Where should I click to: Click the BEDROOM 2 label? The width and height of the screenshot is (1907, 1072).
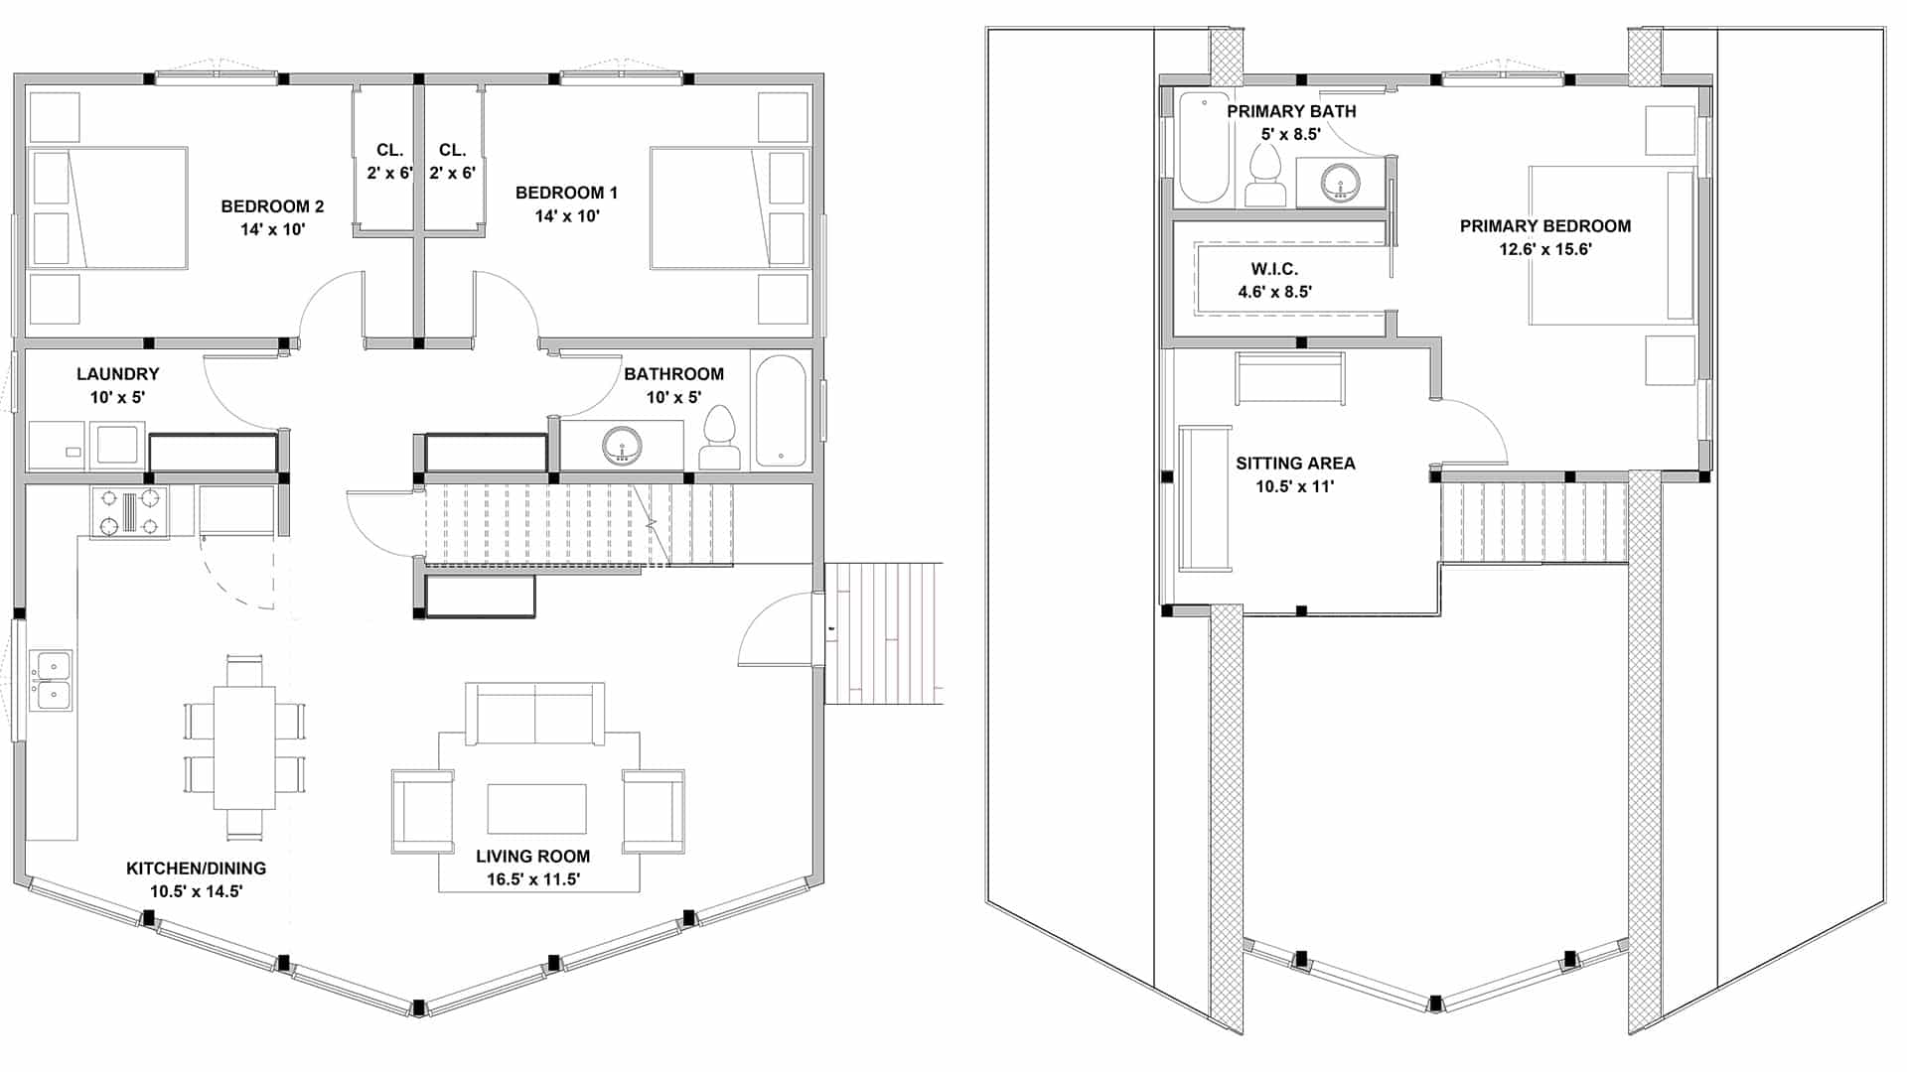click(x=272, y=206)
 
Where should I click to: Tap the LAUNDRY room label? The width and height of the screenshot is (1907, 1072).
click(x=117, y=374)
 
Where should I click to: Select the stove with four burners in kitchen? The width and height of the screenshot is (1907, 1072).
click(x=130, y=512)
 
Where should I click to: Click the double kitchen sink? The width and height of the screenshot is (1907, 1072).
click(x=51, y=681)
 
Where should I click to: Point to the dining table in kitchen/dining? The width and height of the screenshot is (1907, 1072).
click(x=244, y=746)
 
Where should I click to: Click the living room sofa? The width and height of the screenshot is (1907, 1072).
click(x=535, y=713)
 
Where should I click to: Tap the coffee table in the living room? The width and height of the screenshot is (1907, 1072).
click(x=536, y=809)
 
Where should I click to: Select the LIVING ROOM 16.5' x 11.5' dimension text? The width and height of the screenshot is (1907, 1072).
click(x=533, y=879)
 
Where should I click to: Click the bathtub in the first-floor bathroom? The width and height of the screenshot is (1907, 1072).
click(x=781, y=411)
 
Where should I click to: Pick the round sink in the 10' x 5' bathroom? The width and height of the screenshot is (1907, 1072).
click(x=623, y=445)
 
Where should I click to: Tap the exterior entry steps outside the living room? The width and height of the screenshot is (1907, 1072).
click(x=884, y=633)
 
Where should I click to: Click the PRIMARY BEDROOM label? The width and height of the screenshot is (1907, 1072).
click(x=1544, y=226)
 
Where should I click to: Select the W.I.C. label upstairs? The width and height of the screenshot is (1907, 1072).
click(x=1274, y=269)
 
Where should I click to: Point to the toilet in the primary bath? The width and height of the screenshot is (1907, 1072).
click(x=1265, y=177)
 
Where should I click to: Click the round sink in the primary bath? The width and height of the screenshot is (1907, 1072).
click(x=1341, y=183)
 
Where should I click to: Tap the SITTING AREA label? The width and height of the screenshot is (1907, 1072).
click(x=1295, y=464)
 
